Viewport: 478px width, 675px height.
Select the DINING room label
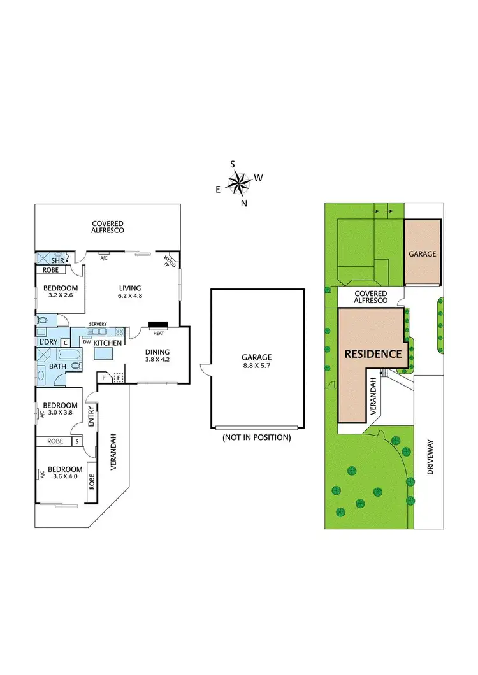(157, 352)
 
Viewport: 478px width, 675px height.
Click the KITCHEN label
(107, 343)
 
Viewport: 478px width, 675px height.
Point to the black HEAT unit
(157, 325)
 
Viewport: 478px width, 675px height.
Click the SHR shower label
(58, 260)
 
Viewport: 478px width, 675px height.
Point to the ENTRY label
(91, 416)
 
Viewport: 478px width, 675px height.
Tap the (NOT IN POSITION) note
(256, 437)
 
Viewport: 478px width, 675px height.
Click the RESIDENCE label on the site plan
(373, 354)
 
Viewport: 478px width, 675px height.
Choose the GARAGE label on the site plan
(423, 253)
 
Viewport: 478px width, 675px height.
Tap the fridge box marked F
(118, 378)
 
